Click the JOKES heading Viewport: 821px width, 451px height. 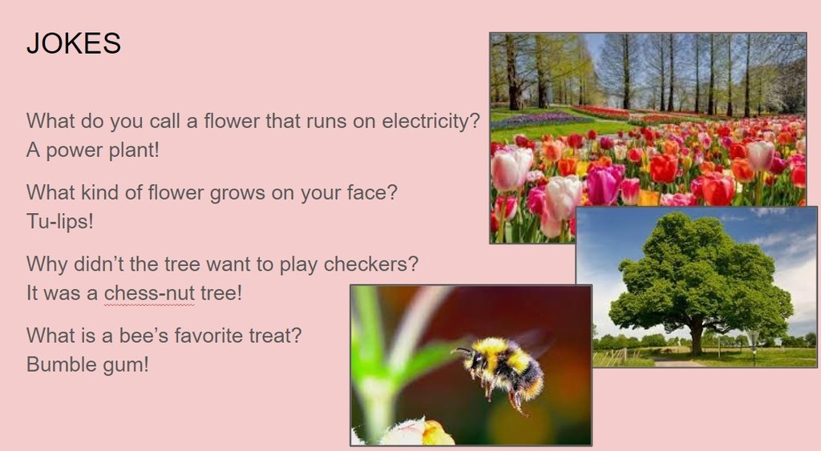click(x=74, y=43)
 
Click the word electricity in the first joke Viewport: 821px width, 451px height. click(x=431, y=121)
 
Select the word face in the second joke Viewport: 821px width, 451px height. click(x=371, y=192)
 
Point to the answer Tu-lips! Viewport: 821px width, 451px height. click(x=59, y=222)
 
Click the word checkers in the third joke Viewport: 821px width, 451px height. click(x=370, y=264)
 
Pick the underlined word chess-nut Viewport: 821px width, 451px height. click(x=149, y=293)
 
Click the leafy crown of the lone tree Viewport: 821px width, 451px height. click(x=701, y=272)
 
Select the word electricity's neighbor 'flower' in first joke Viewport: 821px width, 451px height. click(x=232, y=121)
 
